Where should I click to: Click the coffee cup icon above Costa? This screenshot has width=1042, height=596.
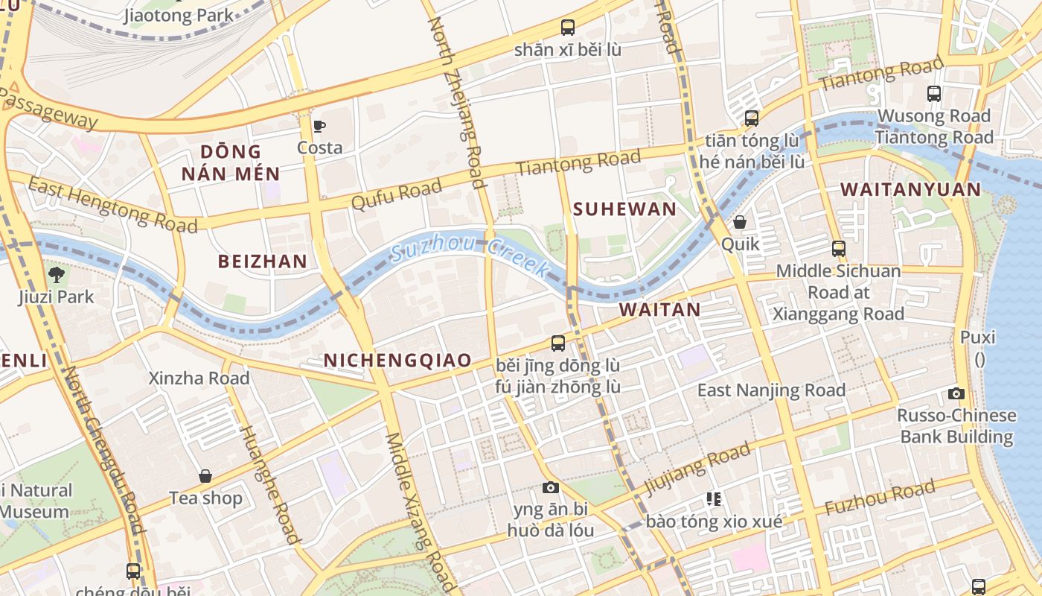click(x=319, y=126)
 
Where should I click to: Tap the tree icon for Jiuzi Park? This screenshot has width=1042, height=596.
click(x=57, y=274)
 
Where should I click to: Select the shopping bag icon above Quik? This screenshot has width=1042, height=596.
click(x=740, y=222)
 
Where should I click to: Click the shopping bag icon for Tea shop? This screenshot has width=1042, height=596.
click(x=205, y=476)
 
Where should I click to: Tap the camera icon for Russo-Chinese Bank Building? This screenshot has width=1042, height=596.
click(x=956, y=393)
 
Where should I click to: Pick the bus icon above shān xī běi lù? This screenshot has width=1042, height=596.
click(x=568, y=28)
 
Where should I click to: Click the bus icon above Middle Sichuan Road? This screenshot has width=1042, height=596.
click(x=839, y=249)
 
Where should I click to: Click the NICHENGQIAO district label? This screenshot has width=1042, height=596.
click(x=397, y=361)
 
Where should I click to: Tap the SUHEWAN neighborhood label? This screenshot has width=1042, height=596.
click(x=625, y=209)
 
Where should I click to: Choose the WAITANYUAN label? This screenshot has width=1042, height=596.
click(x=911, y=190)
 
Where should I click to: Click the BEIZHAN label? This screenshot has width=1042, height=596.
click(x=262, y=261)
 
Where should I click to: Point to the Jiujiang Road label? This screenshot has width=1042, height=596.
click(x=697, y=469)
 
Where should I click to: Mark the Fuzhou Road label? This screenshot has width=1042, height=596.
click(x=880, y=498)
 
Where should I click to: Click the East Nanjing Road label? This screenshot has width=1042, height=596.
click(x=771, y=390)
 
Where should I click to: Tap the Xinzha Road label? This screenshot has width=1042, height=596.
click(x=199, y=378)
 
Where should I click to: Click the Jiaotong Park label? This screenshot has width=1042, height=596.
click(x=179, y=15)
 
